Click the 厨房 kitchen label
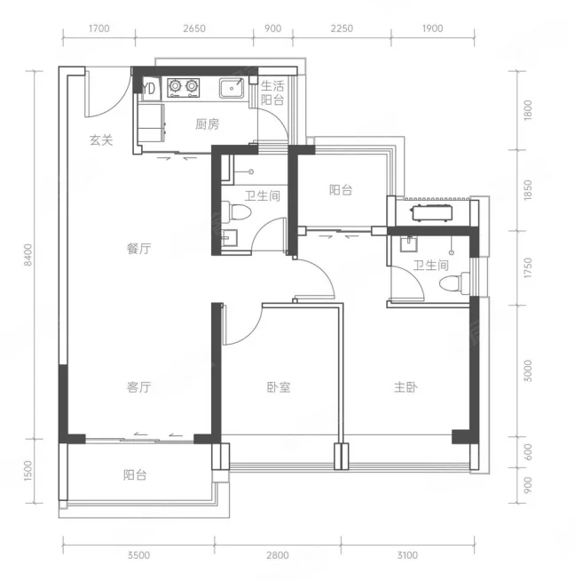click(x=208, y=124)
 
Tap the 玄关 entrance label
click(x=101, y=140)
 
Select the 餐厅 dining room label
click(x=138, y=248)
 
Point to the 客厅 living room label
click(x=138, y=387)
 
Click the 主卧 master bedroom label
click(x=406, y=387)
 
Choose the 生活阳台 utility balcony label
click(x=272, y=92)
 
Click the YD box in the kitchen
click(x=149, y=89)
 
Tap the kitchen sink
click(x=232, y=88)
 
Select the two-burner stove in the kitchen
click(x=183, y=88)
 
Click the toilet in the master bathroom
click(x=454, y=283)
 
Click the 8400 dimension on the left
click(x=28, y=255)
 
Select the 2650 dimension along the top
click(x=194, y=28)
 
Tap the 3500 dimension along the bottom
click(x=138, y=555)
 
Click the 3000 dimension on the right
click(x=528, y=370)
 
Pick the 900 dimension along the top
click(x=273, y=28)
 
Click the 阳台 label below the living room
click(x=135, y=475)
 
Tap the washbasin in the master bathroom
click(x=408, y=243)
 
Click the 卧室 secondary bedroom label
click(x=279, y=387)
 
